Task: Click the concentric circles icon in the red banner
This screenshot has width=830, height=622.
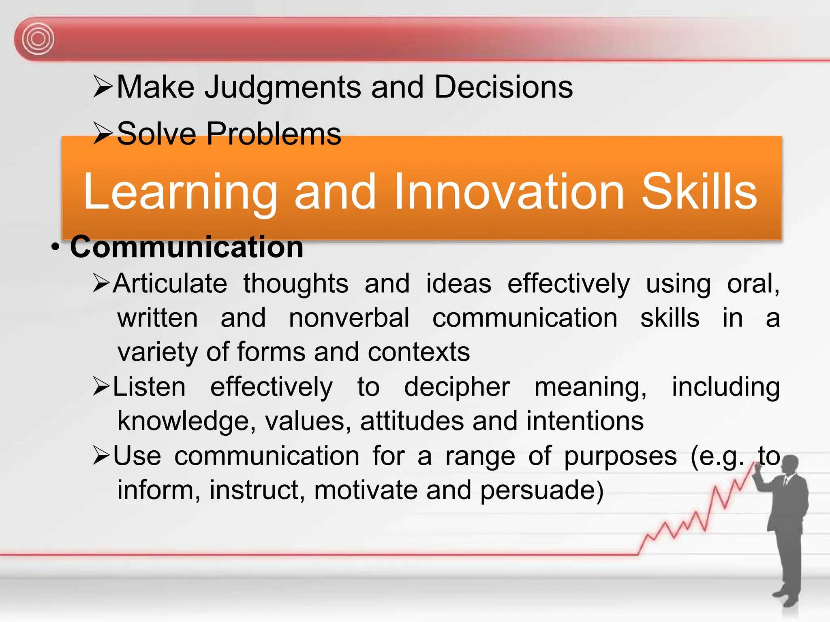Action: click(38, 39)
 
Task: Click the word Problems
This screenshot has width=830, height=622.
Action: click(274, 134)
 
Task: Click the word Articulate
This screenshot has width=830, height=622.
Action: click(170, 283)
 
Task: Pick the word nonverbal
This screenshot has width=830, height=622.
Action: click(349, 318)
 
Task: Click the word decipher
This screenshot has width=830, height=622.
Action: click(457, 387)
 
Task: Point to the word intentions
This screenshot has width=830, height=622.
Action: click(585, 421)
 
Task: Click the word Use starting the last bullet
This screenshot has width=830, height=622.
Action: click(137, 456)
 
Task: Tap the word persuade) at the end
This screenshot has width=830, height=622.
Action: click(542, 490)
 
